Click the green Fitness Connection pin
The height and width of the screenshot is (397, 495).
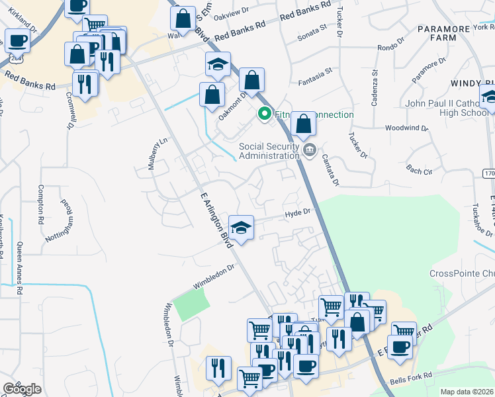pyautogui.click(x=265, y=114)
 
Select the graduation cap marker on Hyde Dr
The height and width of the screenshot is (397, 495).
pyautogui.click(x=242, y=228)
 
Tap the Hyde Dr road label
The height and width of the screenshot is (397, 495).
pyautogui.click(x=297, y=213)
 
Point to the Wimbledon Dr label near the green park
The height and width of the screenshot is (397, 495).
pyautogui.click(x=214, y=277)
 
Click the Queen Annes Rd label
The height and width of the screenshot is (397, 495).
pyautogui.click(x=20, y=269)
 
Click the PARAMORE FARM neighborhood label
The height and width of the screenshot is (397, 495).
pyautogui.click(x=437, y=33)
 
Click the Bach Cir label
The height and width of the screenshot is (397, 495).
pyautogui.click(x=419, y=171)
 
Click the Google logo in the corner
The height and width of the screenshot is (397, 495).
pyautogui.click(x=22, y=389)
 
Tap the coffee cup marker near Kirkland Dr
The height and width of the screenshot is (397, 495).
pyautogui.click(x=17, y=40)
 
